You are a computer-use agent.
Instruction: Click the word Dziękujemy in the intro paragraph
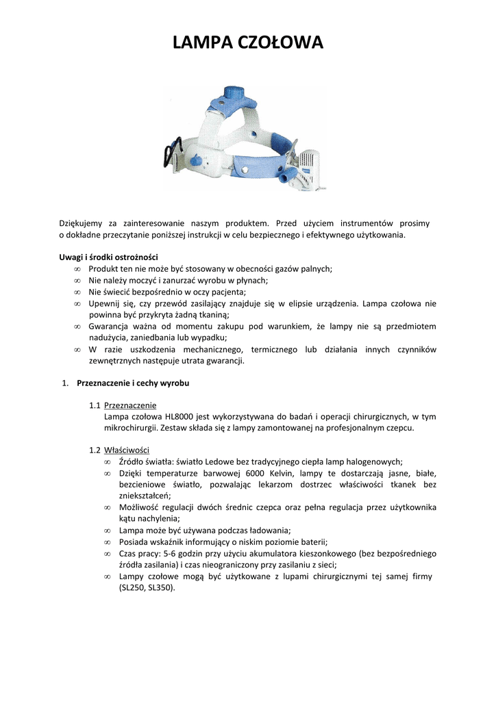pos(82,223)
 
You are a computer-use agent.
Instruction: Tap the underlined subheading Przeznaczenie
pos(130,405)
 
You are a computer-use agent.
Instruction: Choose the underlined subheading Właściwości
pos(127,450)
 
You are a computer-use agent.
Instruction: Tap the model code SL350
pos(159,587)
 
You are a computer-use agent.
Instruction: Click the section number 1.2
pos(95,450)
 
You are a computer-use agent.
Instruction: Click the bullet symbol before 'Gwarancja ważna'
pos(77,327)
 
